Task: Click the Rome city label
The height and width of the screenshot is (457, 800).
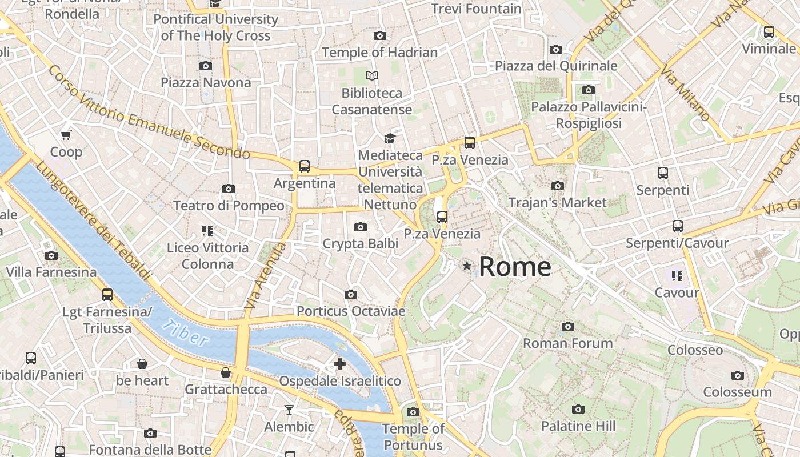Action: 514,267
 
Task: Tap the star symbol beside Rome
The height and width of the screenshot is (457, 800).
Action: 467,266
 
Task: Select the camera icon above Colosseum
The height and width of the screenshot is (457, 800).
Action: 737,375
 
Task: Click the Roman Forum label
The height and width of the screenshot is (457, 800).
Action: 567,343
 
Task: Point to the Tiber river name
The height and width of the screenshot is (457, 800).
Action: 185,334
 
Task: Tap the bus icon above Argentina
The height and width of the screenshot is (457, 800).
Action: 305,166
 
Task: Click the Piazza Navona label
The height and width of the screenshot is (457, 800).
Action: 206,83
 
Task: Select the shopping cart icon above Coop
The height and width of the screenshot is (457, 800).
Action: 66,135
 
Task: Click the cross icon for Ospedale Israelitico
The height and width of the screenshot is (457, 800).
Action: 340,364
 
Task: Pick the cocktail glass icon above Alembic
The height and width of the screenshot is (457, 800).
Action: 289,410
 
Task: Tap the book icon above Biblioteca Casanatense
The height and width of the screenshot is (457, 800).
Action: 372,75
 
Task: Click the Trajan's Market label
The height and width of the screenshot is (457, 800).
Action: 557,203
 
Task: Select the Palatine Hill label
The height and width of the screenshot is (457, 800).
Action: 578,426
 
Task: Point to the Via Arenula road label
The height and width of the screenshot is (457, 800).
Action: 265,276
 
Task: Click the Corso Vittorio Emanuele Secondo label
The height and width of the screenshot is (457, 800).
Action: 149,113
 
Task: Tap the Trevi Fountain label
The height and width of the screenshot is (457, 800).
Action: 476,9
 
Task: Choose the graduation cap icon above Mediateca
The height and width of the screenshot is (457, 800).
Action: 390,138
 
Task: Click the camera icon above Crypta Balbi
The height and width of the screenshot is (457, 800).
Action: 360,227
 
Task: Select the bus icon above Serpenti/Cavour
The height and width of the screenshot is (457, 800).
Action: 677,226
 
